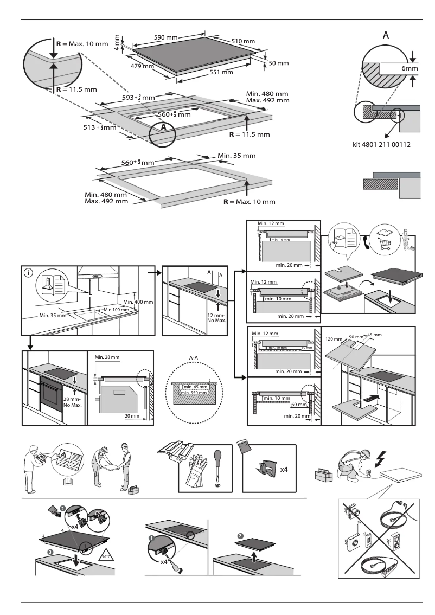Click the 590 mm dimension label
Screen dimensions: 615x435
click(x=165, y=37)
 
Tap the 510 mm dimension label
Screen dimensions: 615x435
click(x=243, y=42)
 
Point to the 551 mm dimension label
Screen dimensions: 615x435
click(x=221, y=72)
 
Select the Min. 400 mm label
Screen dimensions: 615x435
click(x=138, y=302)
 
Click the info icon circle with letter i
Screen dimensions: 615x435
click(x=29, y=273)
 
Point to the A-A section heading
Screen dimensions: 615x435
click(x=194, y=357)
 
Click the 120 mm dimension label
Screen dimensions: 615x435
click(x=334, y=339)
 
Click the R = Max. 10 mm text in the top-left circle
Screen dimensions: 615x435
click(x=84, y=43)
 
